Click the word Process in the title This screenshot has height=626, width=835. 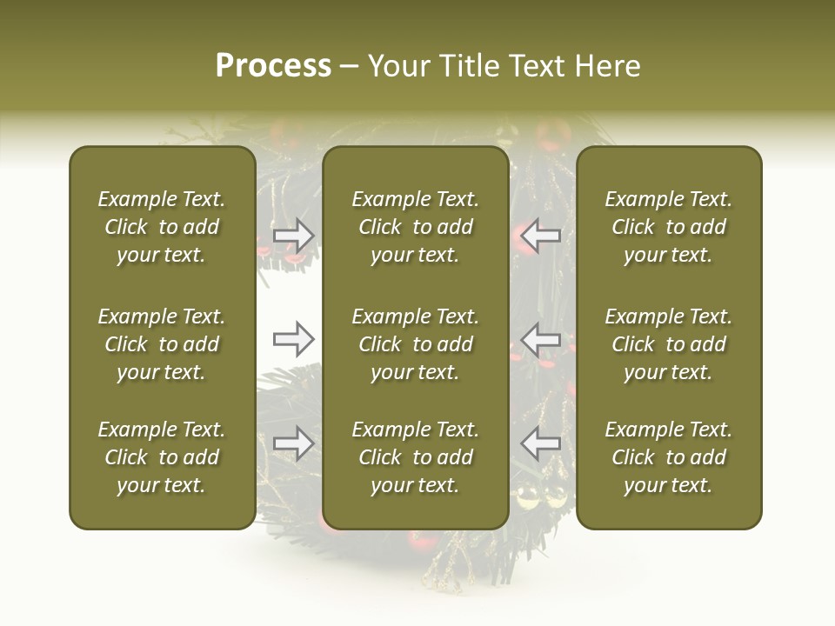(273, 66)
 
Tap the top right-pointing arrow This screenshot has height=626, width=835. (293, 235)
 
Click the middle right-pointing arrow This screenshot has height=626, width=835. (293, 339)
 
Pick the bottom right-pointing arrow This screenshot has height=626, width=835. (293, 443)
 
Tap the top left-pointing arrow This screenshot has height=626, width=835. (541, 235)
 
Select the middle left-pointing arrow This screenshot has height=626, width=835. (541, 339)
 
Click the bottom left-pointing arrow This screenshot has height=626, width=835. (541, 443)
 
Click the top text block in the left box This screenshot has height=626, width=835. (162, 227)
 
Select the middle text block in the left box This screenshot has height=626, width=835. (162, 344)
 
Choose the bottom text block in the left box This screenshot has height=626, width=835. (162, 457)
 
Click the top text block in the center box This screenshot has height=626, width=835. (415, 227)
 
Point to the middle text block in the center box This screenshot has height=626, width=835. (415, 344)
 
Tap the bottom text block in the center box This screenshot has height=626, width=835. (415, 457)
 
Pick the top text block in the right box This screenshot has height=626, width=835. (668, 227)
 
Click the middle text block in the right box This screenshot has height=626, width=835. (668, 344)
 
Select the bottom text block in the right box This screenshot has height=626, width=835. (668, 457)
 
